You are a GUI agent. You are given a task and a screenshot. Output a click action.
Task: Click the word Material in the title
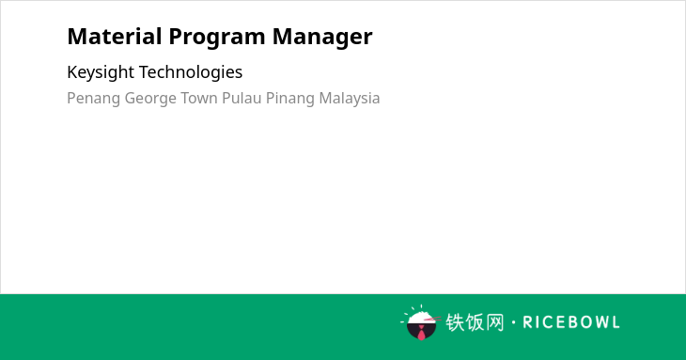(115, 37)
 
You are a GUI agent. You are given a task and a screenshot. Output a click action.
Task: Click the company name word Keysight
(101, 72)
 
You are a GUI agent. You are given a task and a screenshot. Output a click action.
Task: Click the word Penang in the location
(94, 99)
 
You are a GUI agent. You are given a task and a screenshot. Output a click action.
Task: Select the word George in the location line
(150, 99)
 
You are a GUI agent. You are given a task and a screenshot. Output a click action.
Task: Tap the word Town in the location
(199, 98)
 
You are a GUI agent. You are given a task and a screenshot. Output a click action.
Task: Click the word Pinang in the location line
(290, 99)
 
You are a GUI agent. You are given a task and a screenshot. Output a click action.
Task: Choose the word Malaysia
(350, 99)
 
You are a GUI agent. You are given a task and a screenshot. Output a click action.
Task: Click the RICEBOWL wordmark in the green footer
(571, 322)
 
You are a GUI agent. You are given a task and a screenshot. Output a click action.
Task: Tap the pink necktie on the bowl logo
(421, 334)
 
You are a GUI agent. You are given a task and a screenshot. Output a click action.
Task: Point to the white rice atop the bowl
(421, 318)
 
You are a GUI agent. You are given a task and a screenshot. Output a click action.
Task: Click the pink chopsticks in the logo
(432, 319)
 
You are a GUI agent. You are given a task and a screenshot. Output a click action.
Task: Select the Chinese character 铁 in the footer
(455, 322)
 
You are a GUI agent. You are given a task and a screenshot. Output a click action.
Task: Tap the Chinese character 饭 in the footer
(475, 322)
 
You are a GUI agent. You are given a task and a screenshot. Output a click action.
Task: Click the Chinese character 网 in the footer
(495, 322)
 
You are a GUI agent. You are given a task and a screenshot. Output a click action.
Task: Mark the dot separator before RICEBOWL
(514, 322)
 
